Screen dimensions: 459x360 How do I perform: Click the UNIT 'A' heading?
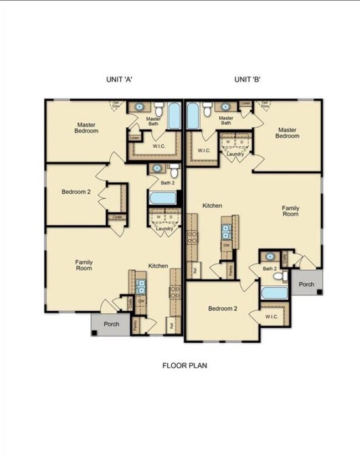coord(119,79)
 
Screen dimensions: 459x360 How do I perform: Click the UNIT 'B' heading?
coord(247,79)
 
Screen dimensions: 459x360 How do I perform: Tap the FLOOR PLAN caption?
coord(184,365)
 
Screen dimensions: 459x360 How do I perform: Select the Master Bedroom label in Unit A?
coord(87,128)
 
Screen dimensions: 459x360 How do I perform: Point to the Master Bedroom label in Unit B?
coord(287,132)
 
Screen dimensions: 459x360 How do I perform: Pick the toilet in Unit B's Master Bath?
coord(207,110)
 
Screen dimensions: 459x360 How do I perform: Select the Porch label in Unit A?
coord(112,324)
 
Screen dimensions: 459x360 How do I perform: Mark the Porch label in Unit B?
coord(306,284)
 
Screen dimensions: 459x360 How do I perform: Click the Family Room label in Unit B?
coord(290,210)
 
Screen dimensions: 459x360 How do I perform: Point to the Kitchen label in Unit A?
coord(158,266)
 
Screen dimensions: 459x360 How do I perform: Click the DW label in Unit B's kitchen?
coord(227,244)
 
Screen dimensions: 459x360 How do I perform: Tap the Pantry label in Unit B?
coord(231,270)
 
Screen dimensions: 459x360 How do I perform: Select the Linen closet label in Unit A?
coord(134,138)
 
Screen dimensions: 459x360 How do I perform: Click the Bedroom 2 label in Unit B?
coord(223,308)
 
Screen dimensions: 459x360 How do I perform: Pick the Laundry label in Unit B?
coord(235,154)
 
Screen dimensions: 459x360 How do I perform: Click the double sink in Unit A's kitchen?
coord(141,286)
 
